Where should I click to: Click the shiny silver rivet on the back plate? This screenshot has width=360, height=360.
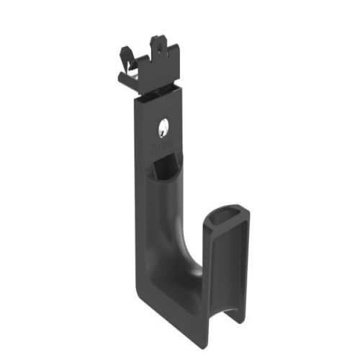[x=163, y=129]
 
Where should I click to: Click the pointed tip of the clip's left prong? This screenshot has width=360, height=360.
[x=122, y=50]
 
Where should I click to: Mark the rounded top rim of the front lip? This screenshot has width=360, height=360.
[x=228, y=210]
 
